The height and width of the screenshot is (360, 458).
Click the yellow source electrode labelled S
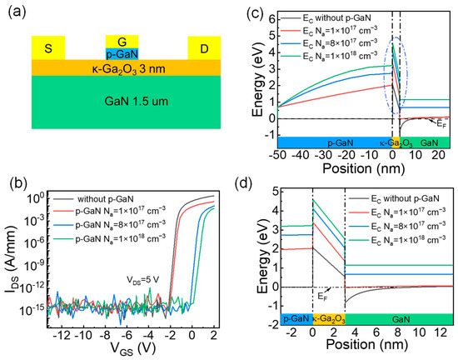click(48, 47)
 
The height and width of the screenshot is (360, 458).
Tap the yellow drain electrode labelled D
click(204, 48)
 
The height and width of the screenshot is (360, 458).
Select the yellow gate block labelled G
click(122, 42)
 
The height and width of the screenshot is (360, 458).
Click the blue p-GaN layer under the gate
click(122, 54)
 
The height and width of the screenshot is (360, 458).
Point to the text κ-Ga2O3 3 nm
click(128, 69)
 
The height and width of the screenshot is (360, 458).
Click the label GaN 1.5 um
click(136, 102)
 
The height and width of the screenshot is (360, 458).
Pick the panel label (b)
click(18, 183)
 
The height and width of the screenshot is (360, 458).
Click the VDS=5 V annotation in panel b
click(143, 280)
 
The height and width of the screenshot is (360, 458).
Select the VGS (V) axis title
click(133, 348)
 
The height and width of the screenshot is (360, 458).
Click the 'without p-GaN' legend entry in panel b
click(106, 199)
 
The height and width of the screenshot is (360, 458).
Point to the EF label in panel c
click(442, 123)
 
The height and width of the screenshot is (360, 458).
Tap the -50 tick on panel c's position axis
click(278, 155)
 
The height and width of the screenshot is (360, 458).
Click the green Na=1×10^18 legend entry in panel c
click(328, 55)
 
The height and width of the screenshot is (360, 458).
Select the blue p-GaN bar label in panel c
click(341, 142)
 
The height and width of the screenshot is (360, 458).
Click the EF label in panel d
click(322, 297)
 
